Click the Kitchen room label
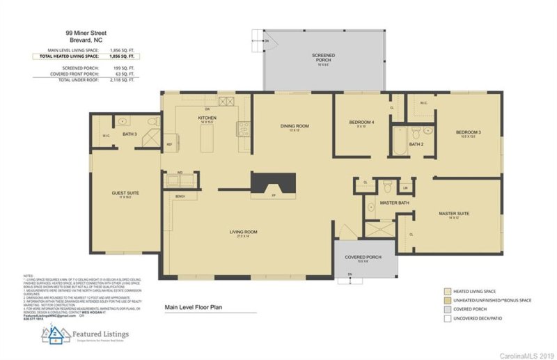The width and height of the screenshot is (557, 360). [207, 119]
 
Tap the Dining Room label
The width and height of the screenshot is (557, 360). [294, 126]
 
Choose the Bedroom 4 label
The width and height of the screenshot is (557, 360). [361, 123]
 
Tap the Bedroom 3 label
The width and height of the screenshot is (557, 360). [469, 132]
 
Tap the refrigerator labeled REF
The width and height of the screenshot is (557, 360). [169, 145]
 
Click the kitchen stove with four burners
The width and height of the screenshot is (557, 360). [243, 127]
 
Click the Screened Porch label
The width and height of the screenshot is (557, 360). [323, 57]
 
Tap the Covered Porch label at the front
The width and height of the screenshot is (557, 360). [364, 258]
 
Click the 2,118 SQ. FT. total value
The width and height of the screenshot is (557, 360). [122, 80]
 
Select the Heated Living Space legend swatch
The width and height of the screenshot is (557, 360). [448, 291]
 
